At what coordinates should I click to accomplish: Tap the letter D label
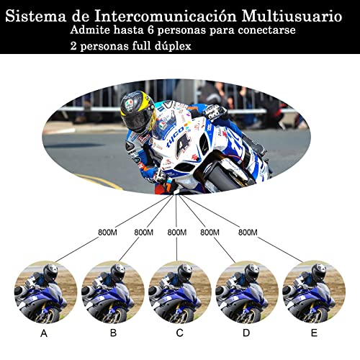click(246, 333)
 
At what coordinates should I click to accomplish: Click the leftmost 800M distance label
click(109, 233)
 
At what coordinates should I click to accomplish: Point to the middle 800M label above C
click(177, 233)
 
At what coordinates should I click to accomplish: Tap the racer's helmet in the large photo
click(138, 112)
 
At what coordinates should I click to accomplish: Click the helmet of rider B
click(117, 274)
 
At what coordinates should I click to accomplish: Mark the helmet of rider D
click(251, 274)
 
